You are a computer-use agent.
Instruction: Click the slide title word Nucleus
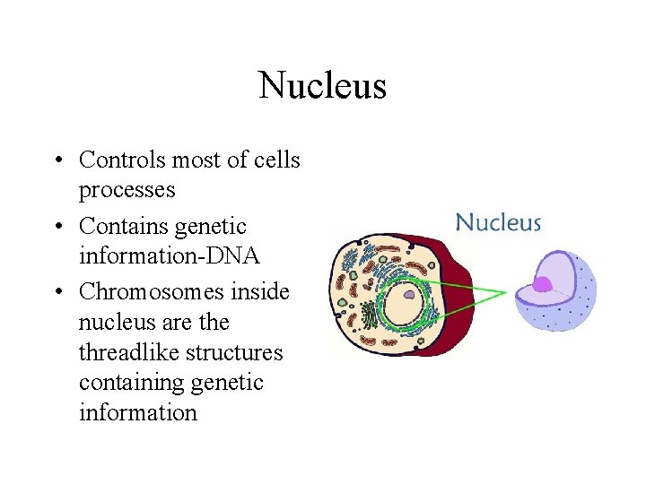pos(322,85)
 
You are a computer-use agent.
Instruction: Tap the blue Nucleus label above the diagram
pos(498,222)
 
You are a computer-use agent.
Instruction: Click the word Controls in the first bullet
pos(122,160)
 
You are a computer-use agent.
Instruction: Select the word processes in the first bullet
pos(127,190)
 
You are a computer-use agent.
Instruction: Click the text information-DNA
pos(169,256)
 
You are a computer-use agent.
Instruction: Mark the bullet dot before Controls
pos(57,160)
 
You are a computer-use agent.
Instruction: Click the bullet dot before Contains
pos(57,227)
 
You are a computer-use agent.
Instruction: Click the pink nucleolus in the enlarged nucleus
pos(542,285)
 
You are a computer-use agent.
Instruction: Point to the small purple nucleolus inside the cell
pos(409,293)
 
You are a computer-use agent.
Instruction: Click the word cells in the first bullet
pos(277,160)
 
